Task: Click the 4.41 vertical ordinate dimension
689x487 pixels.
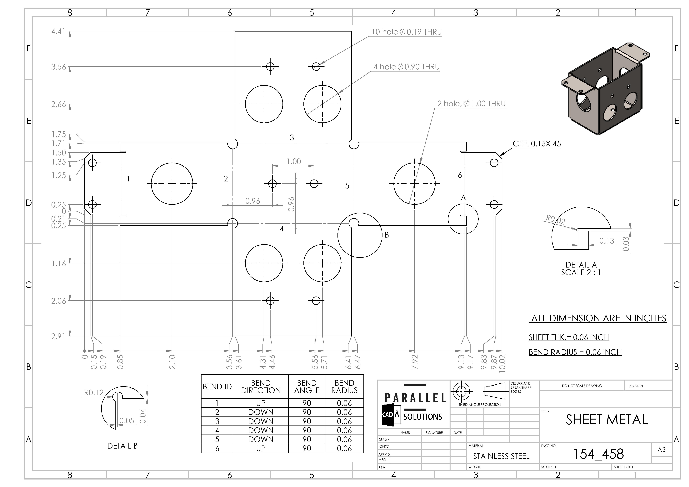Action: click(x=58, y=32)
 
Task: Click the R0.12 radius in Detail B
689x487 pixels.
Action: click(x=94, y=393)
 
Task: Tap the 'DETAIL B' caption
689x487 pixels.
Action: click(x=122, y=446)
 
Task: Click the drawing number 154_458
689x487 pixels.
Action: click(x=598, y=454)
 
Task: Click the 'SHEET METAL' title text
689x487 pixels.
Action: click(x=607, y=420)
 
